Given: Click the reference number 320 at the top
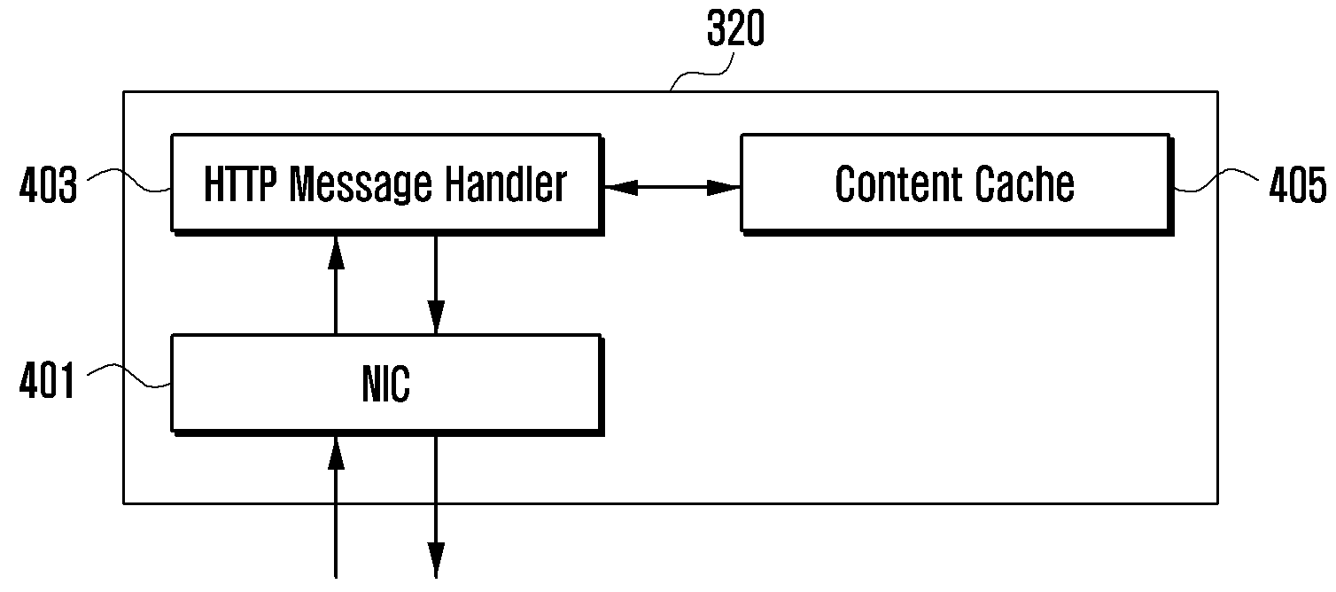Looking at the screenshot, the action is [734, 28].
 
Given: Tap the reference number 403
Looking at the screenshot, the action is [49, 185].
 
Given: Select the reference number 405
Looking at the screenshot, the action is [1298, 185].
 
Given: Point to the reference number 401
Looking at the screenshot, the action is [47, 380].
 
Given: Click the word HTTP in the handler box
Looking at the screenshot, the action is [240, 183].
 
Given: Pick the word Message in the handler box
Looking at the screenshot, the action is [360, 186].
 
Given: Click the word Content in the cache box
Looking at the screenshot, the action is [897, 184].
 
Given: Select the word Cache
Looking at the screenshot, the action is [1023, 184].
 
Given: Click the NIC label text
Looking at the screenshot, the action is [386, 384].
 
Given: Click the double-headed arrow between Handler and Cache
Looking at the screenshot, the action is [672, 187].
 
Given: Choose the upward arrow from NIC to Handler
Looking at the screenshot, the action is [337, 285].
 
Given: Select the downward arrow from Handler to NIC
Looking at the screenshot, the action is [436, 285].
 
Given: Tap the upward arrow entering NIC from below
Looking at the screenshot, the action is [337, 507].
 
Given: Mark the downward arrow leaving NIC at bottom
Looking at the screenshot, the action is [436, 507].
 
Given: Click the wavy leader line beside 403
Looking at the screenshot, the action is [129, 180].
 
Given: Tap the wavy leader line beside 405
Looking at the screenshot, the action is [1216, 180].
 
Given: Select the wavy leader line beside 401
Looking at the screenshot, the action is [129, 376].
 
